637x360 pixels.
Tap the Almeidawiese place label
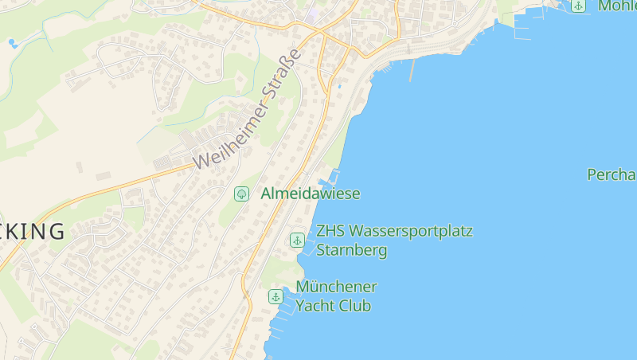pos(311,194)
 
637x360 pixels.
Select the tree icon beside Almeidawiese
pos(240,194)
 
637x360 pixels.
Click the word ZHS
pos(330,232)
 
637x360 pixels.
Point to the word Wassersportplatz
pos(411,232)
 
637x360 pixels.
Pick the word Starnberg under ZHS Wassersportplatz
pos(352,250)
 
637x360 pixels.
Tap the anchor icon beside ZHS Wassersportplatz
pos(297,240)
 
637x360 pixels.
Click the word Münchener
pos(336,287)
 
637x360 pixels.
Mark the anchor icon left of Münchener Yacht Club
pos(276,296)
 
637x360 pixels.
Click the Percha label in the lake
pos(612,174)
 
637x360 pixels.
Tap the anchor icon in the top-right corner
pos(578,6)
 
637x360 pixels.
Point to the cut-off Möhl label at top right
pos(617,6)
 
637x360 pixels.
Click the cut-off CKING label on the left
pos(32,232)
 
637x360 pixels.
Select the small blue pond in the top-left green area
pos(12,41)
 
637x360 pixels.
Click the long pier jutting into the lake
pos(412,69)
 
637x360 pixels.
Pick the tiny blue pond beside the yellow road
pos(339,84)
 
